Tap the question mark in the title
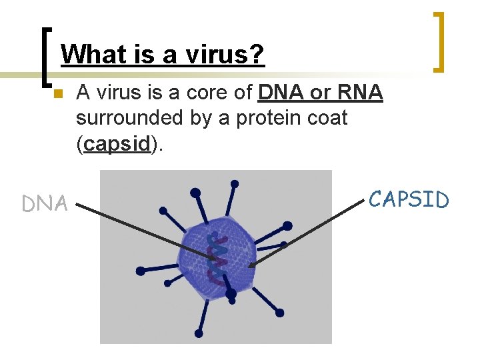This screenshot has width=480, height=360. (257, 54)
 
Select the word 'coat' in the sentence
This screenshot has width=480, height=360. (325, 119)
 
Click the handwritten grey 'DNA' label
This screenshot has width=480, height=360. (45, 204)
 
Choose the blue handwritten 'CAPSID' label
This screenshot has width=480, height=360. (409, 199)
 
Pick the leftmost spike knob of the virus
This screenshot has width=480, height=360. (140, 271)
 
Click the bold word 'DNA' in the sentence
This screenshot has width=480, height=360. (281, 93)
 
